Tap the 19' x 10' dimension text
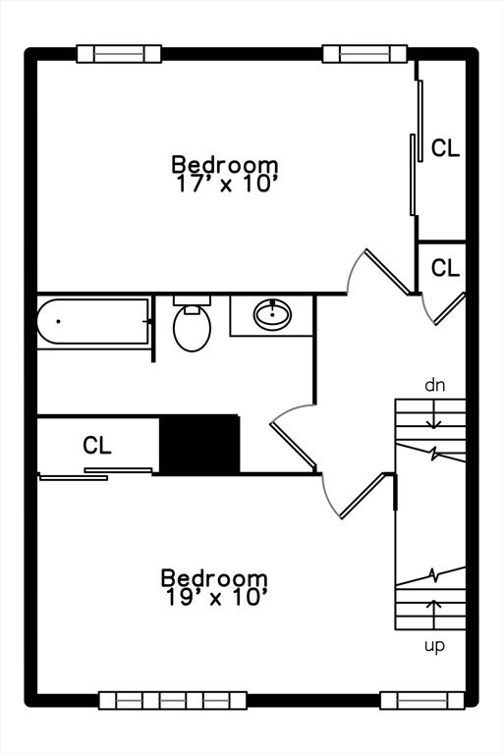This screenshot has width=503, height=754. [x=216, y=598]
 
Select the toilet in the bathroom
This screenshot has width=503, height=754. [x=192, y=324]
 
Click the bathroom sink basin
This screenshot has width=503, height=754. [x=272, y=314]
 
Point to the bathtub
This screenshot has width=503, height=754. [x=93, y=321]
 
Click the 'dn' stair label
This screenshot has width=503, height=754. [x=434, y=385]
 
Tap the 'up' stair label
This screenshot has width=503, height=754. [x=434, y=646]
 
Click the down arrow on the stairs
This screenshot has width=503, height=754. [x=434, y=414]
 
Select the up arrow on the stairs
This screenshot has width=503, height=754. [x=434, y=614]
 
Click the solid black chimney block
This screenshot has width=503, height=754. [x=199, y=444]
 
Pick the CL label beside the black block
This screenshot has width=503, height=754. [x=96, y=446]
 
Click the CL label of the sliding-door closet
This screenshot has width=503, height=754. [x=445, y=148]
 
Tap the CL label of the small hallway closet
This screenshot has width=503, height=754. [x=445, y=268]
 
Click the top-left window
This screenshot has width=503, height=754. [x=120, y=54]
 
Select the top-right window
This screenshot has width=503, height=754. [x=364, y=54]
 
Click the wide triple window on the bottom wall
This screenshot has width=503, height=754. [x=173, y=701]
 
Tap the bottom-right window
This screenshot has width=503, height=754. [x=422, y=701]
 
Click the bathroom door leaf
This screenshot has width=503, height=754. [x=293, y=446]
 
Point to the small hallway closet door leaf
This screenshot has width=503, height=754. [x=450, y=308]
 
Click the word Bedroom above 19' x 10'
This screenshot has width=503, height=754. [x=214, y=577]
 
